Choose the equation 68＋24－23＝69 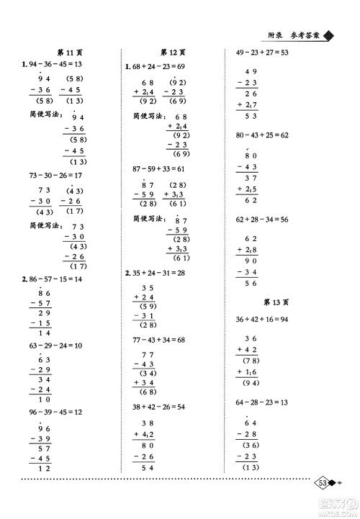tap(156, 67)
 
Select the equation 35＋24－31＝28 tap(156, 273)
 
